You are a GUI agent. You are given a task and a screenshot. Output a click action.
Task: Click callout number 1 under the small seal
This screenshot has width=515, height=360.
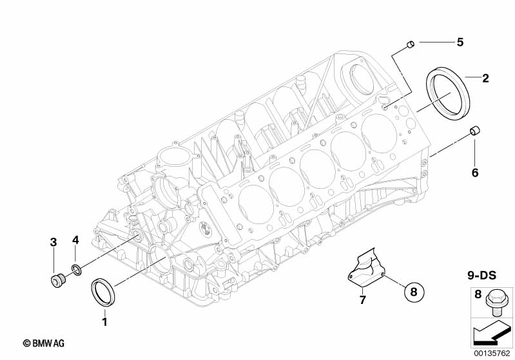pos(104,319)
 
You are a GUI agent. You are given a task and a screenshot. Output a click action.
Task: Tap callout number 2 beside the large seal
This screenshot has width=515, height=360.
pos(485,79)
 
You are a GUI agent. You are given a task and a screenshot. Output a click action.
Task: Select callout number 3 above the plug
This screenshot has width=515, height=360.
pos(53,242)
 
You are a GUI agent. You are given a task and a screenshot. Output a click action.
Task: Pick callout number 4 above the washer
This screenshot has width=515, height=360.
pos(75,240)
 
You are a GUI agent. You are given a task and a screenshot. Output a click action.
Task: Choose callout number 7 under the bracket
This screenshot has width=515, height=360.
pos(362,300)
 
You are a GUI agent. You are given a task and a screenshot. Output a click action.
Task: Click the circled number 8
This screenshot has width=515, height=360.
pos(414,291)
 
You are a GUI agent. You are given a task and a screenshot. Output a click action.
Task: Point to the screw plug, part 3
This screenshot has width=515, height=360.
pos(56,279)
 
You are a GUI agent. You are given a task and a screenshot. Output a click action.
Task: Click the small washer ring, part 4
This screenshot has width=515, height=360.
pos(76,268)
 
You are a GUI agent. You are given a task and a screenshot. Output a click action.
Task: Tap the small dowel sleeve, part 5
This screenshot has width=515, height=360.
pos(409,44)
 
